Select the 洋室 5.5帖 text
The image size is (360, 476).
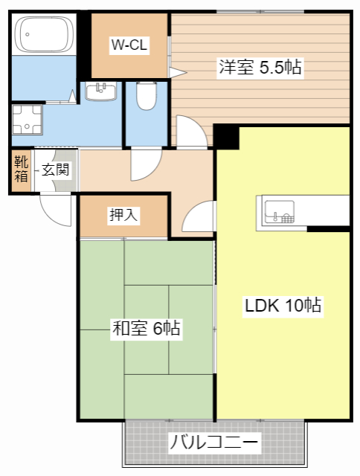pyautogui.click(x=260, y=67)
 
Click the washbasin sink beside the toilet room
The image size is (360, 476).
pyautogui.click(x=100, y=92)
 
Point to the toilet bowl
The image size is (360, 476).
pyautogui.click(x=147, y=97)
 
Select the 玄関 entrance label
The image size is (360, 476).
pyautogui.click(x=55, y=170)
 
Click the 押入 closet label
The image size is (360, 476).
pyautogui.click(x=123, y=216)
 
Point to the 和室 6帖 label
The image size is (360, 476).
pyautogui.click(x=146, y=328)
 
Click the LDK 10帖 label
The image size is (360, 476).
pyautogui.click(x=283, y=305)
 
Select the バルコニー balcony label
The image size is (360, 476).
pyautogui.click(x=214, y=443)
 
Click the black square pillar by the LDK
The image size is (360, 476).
pyautogui.click(x=226, y=136)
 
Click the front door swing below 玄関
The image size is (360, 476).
pyautogui.click(x=55, y=208)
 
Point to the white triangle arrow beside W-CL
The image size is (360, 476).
pyautogui.click(x=177, y=71)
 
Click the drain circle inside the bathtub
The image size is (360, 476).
pyautogui.click(x=28, y=33)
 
